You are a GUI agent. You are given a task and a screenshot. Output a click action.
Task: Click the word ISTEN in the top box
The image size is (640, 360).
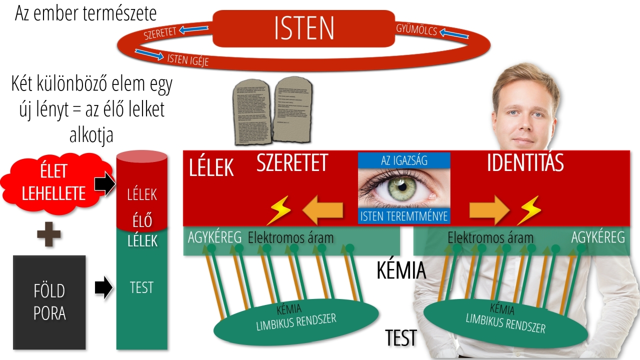click(304, 28)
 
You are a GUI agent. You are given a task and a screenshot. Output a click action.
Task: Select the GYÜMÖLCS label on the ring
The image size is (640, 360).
click(416, 30)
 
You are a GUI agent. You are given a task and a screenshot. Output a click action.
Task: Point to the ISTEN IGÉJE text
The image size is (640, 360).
click(187, 59)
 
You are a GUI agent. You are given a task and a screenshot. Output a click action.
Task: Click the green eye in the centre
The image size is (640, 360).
click(404, 187)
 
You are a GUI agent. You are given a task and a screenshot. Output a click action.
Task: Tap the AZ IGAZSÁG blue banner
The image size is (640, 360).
click(404, 160)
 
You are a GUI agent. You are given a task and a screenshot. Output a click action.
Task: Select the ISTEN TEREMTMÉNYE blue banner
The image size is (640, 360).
click(404, 216)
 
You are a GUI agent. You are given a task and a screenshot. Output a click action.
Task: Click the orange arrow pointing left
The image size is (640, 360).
click(324, 210)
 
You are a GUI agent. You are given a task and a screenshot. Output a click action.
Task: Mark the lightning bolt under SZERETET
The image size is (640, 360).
click(278, 211)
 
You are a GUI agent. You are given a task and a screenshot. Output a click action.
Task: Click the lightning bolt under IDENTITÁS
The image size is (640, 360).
click(529, 210)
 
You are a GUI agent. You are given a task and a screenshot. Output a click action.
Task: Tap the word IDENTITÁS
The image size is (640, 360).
click(525, 163)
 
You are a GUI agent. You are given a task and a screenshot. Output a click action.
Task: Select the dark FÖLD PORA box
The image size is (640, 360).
click(49, 302)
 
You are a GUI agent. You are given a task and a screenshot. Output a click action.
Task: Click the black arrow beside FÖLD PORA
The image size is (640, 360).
click(103, 288)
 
